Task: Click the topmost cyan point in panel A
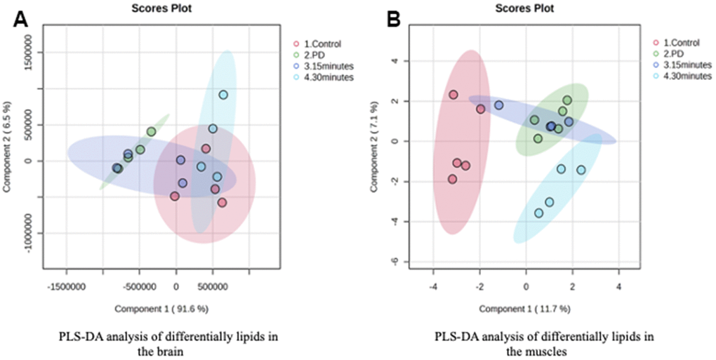click(x=223, y=95)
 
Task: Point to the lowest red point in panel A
click(x=222, y=203)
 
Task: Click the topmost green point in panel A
click(x=151, y=131)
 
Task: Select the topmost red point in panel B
click(x=453, y=95)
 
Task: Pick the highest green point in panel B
click(x=567, y=100)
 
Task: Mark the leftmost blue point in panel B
click(x=499, y=105)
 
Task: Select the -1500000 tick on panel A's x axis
click(x=67, y=286)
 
